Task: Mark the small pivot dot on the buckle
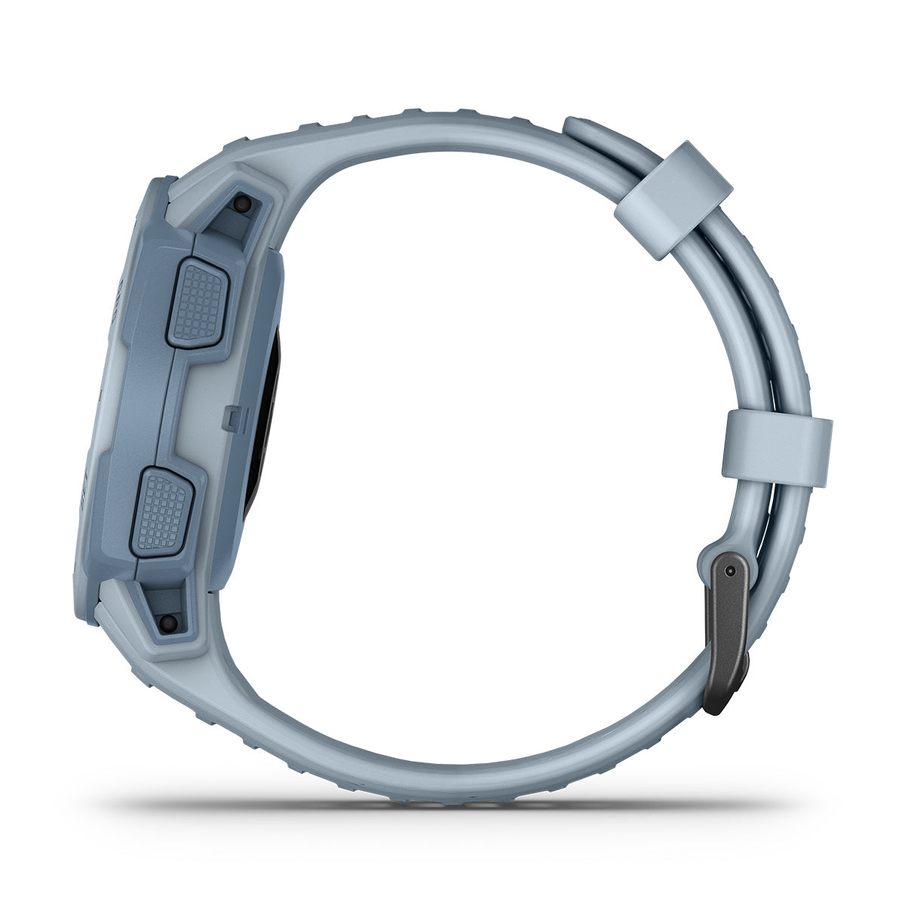(729, 572)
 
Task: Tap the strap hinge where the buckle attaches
(713, 551)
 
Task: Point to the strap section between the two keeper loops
(747, 317)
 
